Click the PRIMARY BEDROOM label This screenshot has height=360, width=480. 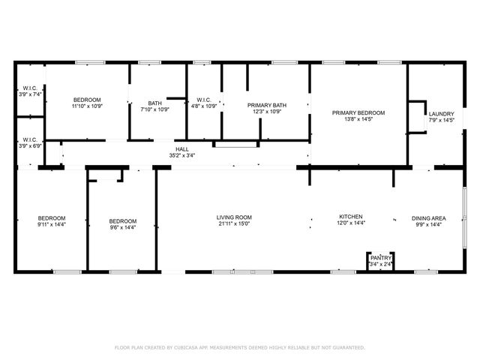coord(358,112)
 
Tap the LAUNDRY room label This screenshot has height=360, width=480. coord(441,114)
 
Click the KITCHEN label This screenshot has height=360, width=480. coord(350,216)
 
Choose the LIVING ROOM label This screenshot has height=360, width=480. coord(234,217)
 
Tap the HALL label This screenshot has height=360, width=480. coord(181,149)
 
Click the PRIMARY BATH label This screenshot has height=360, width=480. coord(266,106)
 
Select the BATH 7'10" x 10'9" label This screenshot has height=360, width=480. coord(154,103)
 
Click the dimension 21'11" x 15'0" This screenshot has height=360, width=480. coord(234,223)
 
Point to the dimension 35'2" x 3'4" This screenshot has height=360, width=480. coord(181,156)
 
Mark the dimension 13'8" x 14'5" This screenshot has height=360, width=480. coord(358,119)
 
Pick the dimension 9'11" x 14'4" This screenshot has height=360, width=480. coord(52,225)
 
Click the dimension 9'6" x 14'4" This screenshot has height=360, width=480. coord(123,227)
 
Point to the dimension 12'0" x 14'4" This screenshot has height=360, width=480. coord(350,223)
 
